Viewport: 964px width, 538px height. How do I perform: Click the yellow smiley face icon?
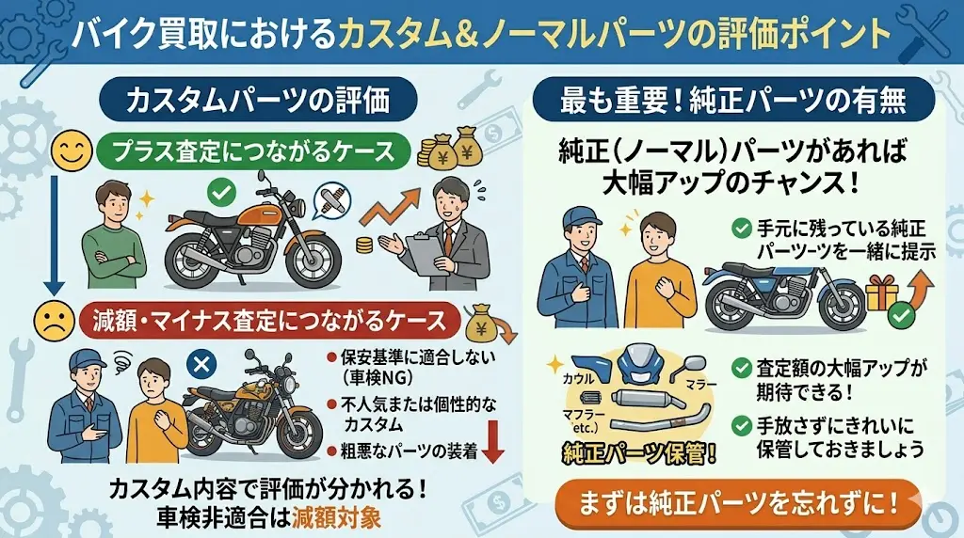pos(72,150)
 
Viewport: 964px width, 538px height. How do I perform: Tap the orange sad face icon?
pos(54,321)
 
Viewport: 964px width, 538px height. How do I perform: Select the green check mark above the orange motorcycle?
pos(221,194)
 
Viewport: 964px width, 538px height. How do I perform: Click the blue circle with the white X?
pos(201,366)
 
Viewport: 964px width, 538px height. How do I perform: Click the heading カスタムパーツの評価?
pos(258,101)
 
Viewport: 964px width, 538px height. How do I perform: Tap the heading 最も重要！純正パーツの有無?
pos(732,101)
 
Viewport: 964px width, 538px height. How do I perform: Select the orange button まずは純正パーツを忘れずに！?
pos(738,503)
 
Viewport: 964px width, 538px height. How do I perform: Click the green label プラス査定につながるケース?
pos(253,151)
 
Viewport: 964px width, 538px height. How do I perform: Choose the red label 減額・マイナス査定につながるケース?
pos(270,321)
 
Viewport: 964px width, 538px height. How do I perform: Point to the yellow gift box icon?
pos(881,293)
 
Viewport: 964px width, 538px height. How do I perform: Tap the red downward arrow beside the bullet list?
pos(493,441)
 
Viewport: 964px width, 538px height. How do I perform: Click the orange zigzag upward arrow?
pos(389,208)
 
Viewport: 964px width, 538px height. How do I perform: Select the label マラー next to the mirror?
pos(700,385)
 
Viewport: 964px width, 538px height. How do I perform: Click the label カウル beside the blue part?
pos(579,379)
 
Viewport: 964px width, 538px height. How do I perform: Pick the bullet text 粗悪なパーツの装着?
pos(410,451)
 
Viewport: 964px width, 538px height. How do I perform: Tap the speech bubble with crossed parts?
pos(331,201)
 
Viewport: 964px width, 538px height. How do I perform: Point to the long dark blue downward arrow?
pos(54,234)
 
